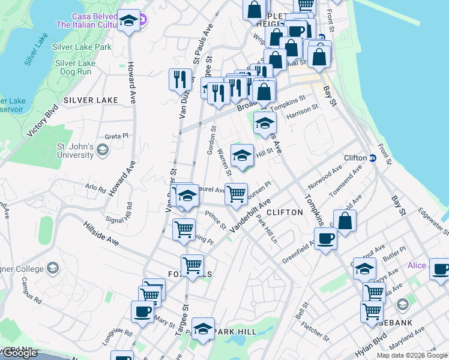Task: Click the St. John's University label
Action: point(74,151)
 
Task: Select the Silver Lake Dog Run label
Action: point(75,67)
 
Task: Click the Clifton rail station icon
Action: point(372,158)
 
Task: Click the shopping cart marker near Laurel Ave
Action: point(237,194)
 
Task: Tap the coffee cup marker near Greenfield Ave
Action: point(325,239)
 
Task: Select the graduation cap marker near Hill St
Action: point(242,155)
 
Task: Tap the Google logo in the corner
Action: point(19,353)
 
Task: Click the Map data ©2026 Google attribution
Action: point(411,355)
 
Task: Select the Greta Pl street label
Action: point(117,136)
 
